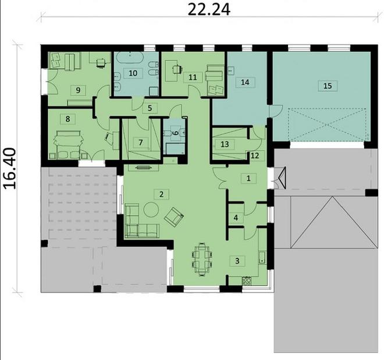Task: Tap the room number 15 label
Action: tap(328, 85)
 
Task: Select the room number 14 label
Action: tap(244, 83)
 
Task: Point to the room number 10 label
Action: tap(133, 73)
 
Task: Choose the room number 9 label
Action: tap(76, 90)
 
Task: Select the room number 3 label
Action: tap(237, 261)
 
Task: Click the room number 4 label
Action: tap(236, 218)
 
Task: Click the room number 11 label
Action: tap(192, 76)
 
